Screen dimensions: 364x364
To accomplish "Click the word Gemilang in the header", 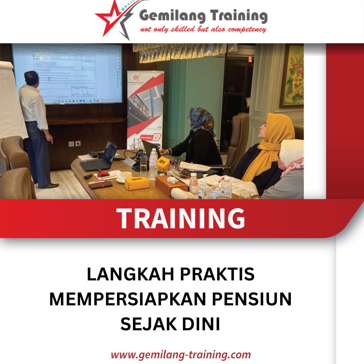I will pos(171,16).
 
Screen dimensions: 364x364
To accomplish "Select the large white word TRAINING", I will pos(181,218).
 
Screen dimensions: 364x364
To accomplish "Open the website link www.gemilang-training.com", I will pos(181,355).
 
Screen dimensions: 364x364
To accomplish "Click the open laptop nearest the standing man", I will pos(101,158).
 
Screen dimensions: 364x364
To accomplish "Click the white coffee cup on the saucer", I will pos(125,176).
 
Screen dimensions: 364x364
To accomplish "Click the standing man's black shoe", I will pos(49,185).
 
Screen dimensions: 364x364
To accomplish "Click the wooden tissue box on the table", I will pos(171,185).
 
